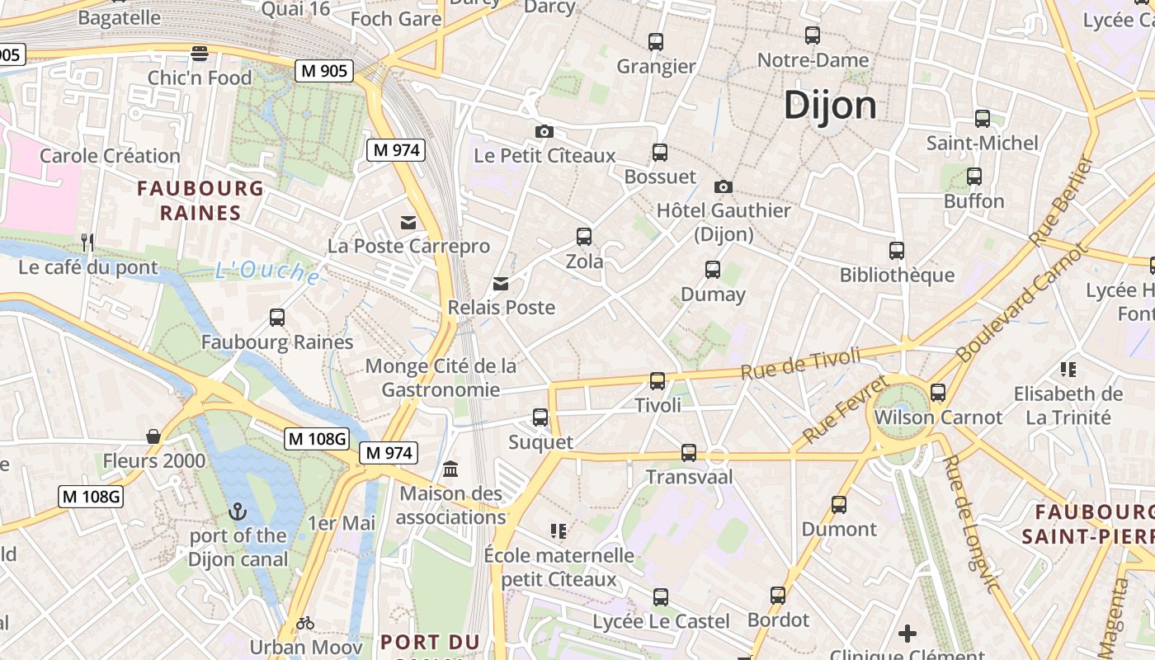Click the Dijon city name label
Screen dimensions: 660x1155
point(830,105)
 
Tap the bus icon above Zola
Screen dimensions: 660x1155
point(584,237)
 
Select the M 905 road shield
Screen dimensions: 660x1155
point(324,71)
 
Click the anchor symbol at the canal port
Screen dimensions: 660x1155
point(238,511)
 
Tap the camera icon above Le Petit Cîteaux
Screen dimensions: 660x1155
point(544,131)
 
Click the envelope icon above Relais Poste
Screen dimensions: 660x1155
point(501,284)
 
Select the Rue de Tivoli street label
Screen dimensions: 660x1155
point(800,363)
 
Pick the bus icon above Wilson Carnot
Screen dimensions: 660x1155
point(938,393)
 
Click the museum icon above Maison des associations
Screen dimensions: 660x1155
point(450,469)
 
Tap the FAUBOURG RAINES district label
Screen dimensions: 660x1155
point(200,200)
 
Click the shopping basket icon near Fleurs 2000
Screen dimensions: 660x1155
point(153,436)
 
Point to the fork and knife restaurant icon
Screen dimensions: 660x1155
point(87,242)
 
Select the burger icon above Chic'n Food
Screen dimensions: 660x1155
point(199,54)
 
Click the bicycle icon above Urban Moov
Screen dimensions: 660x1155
point(305,622)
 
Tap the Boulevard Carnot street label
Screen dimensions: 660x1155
point(1023,303)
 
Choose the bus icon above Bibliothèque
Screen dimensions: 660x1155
point(897,250)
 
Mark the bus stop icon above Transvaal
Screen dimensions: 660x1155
point(689,452)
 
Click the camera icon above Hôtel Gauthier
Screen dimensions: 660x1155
point(724,186)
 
